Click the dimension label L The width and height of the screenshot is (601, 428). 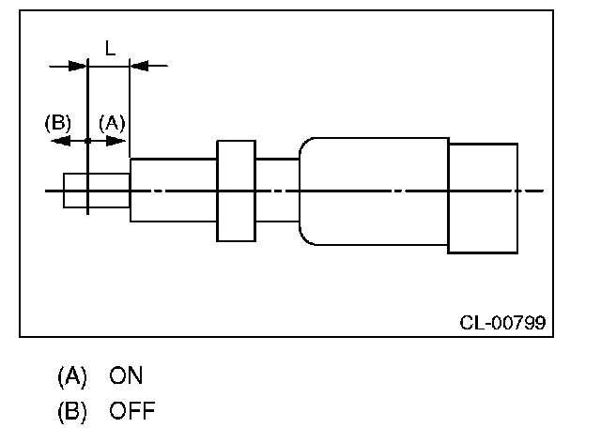pyautogui.click(x=109, y=48)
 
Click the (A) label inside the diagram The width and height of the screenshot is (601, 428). pyautogui.click(x=111, y=122)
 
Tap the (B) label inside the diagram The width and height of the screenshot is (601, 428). pyautogui.click(x=58, y=122)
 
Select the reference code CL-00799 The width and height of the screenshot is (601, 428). pyautogui.click(x=502, y=323)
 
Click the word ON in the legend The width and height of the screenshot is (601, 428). pyautogui.click(x=127, y=376)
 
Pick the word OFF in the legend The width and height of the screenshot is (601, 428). pyautogui.click(x=132, y=410)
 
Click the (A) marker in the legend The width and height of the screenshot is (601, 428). pyautogui.click(x=71, y=376)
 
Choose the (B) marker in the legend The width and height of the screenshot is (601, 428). pyautogui.click(x=71, y=410)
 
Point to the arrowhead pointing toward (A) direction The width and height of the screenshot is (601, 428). pyautogui.click(x=117, y=141)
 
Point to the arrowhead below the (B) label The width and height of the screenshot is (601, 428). pyautogui.click(x=59, y=141)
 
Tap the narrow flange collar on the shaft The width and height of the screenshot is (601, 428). pyautogui.click(x=236, y=191)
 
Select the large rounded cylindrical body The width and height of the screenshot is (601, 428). pyautogui.click(x=373, y=191)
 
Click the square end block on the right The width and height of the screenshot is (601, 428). pyautogui.click(x=483, y=198)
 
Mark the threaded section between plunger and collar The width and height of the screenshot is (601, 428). pyautogui.click(x=174, y=191)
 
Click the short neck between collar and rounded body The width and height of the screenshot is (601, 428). pyautogui.click(x=277, y=191)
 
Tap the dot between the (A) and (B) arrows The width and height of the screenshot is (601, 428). pyautogui.click(x=87, y=141)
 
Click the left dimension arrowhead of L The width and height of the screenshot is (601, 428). pyautogui.click(x=78, y=66)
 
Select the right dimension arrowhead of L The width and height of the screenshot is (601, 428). pyautogui.click(x=138, y=66)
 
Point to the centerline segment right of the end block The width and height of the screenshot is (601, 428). pyautogui.click(x=531, y=191)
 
